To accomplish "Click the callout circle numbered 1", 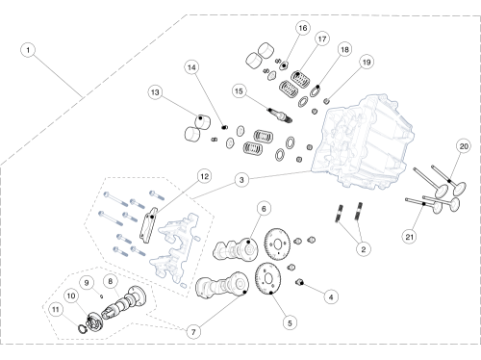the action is [28, 50].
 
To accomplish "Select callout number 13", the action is [155, 92].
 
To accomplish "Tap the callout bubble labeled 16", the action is [303, 28].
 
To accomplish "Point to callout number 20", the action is [464, 146].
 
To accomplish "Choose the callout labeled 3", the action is [241, 180].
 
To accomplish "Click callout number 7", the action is [193, 332].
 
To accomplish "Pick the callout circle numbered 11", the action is [56, 310].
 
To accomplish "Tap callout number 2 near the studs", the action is [364, 249].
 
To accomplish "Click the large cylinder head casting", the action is [363, 141].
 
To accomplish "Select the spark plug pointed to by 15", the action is [280, 116].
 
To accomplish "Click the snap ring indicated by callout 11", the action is [83, 329].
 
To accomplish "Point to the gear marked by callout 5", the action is [268, 277].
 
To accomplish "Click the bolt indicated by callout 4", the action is [299, 283].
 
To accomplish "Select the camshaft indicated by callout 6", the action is [235, 249].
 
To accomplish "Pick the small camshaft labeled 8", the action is [123, 302].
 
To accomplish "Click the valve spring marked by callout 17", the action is [301, 79].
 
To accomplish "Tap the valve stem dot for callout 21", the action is [424, 204].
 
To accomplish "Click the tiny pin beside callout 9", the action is [102, 296].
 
